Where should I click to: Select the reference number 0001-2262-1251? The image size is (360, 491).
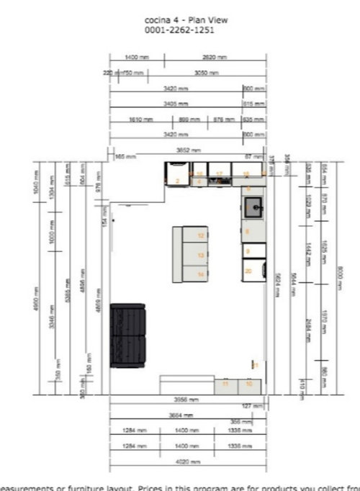click(179, 30)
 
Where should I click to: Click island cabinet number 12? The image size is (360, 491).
click(201, 235)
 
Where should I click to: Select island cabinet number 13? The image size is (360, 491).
click(201, 255)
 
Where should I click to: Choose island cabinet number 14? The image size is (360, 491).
click(201, 274)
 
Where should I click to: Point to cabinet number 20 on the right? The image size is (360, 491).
click(248, 271)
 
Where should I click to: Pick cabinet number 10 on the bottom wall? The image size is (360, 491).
click(248, 384)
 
